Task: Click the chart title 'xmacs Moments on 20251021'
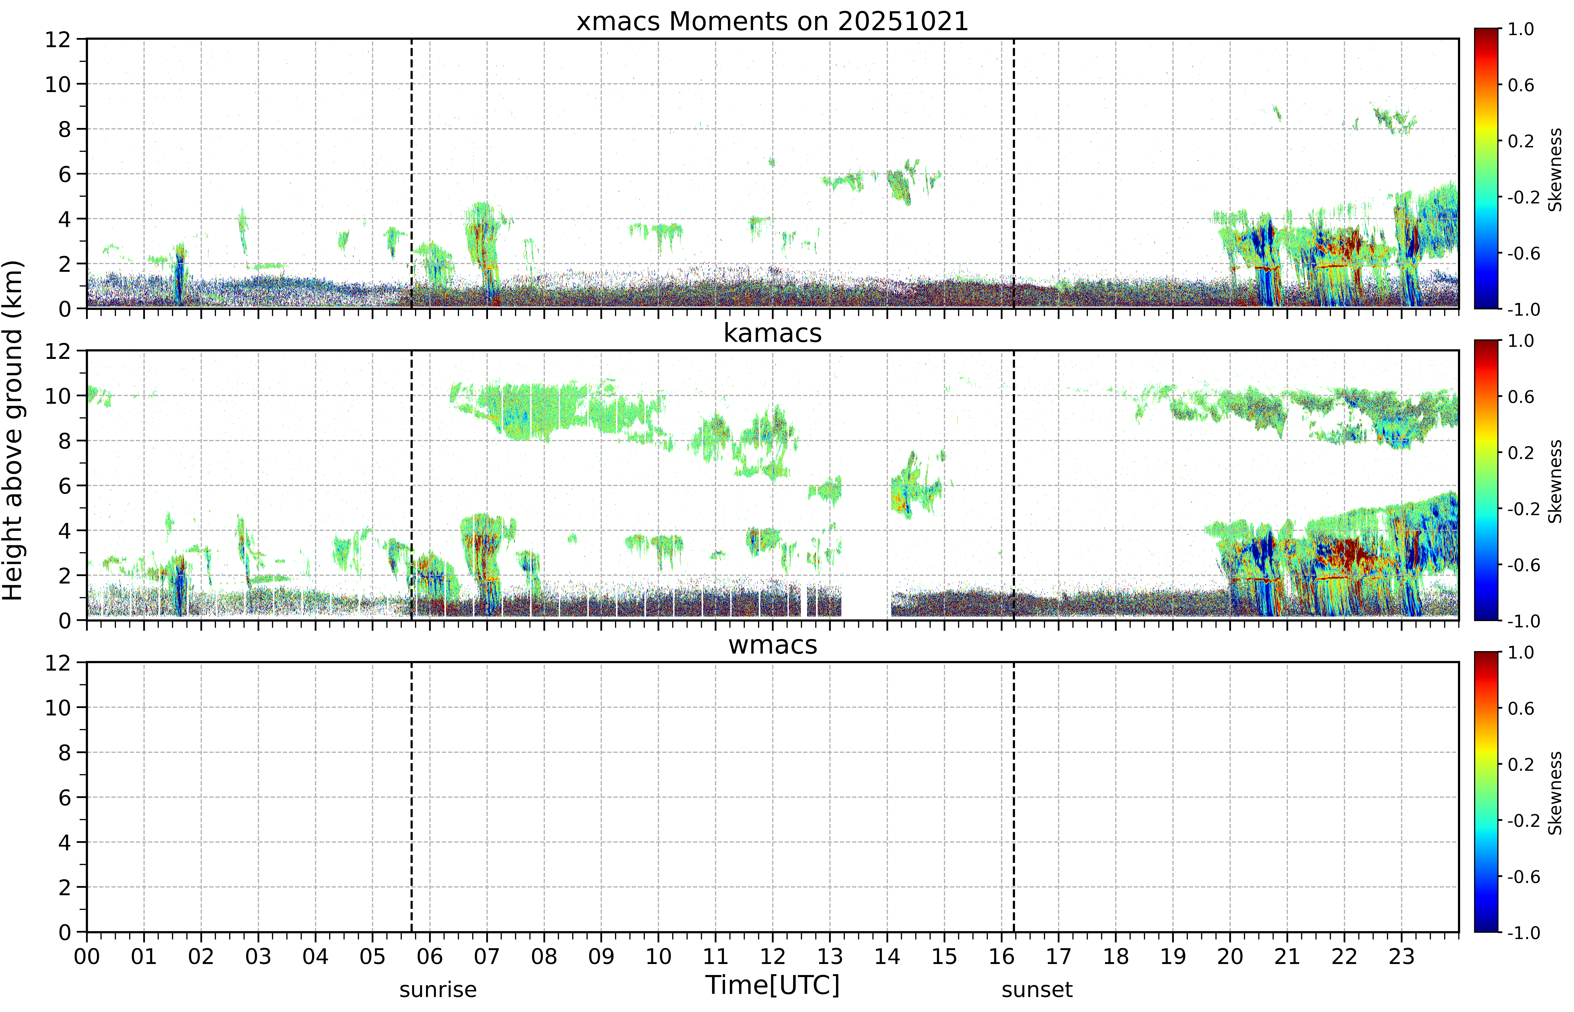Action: pos(773,22)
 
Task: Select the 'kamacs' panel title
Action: pos(773,333)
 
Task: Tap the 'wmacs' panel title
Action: pos(773,645)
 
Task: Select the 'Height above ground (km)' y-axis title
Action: pos(13,430)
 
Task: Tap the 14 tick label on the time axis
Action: pos(887,956)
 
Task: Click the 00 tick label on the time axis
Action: pos(87,956)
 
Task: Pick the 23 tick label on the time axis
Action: pos(1401,956)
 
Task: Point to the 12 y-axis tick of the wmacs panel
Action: pos(58,662)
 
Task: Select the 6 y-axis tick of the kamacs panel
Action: pos(64,486)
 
